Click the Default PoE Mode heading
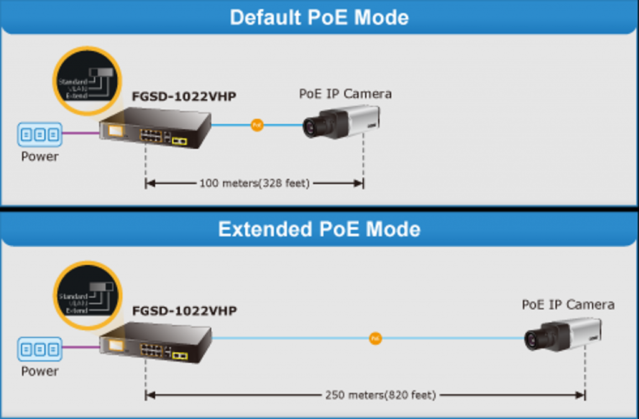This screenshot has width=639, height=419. (319, 17)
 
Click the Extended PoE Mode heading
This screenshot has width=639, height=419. (319, 229)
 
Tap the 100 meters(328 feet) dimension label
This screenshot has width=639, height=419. (254, 184)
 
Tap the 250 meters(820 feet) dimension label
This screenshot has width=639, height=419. (379, 395)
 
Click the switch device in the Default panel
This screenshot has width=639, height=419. (156, 129)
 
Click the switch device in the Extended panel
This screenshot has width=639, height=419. (156, 341)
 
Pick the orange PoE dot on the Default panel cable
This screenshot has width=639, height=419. (256, 126)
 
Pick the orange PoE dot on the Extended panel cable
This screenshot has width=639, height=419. (374, 338)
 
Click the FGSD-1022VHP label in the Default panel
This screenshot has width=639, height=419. (184, 97)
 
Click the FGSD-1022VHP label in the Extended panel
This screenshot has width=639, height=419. (184, 310)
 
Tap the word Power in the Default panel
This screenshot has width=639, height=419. (40, 157)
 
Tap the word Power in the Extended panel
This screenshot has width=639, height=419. (40, 371)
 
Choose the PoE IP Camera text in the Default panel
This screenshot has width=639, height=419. (345, 94)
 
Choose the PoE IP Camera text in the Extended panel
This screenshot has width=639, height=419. (568, 305)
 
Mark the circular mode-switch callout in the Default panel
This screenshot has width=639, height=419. (86, 80)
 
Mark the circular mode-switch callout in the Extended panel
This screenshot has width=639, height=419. (86, 293)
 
